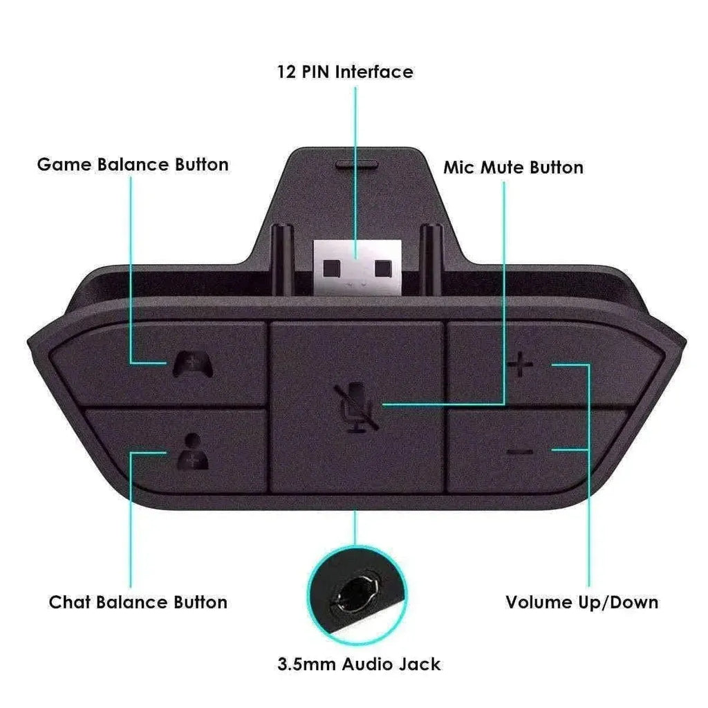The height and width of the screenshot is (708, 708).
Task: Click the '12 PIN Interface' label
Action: pyautogui.click(x=344, y=72)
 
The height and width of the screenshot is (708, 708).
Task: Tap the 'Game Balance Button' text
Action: pyautogui.click(x=133, y=165)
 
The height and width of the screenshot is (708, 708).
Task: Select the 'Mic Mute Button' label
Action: pyautogui.click(x=513, y=167)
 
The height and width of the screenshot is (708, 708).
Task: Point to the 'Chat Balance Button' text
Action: pyautogui.click(x=138, y=602)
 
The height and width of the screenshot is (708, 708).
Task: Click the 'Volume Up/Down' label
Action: pyautogui.click(x=581, y=602)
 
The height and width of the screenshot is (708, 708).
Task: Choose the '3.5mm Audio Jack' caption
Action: pyautogui.click(x=358, y=664)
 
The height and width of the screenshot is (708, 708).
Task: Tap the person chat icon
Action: pyautogui.click(x=192, y=451)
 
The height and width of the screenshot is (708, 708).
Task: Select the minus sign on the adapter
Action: pyautogui.click(x=520, y=452)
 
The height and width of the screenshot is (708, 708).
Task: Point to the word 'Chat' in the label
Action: pyautogui.click(x=70, y=602)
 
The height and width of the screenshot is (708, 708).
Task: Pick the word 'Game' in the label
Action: pyautogui.click(x=64, y=165)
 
